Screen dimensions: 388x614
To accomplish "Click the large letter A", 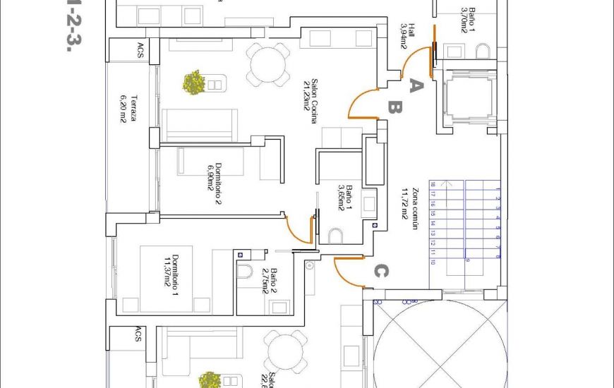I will click(x=416, y=86).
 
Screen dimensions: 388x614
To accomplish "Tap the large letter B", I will click(x=395, y=108).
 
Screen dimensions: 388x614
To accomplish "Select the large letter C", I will click(x=380, y=271).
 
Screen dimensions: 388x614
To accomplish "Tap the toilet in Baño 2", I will click(x=245, y=272).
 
